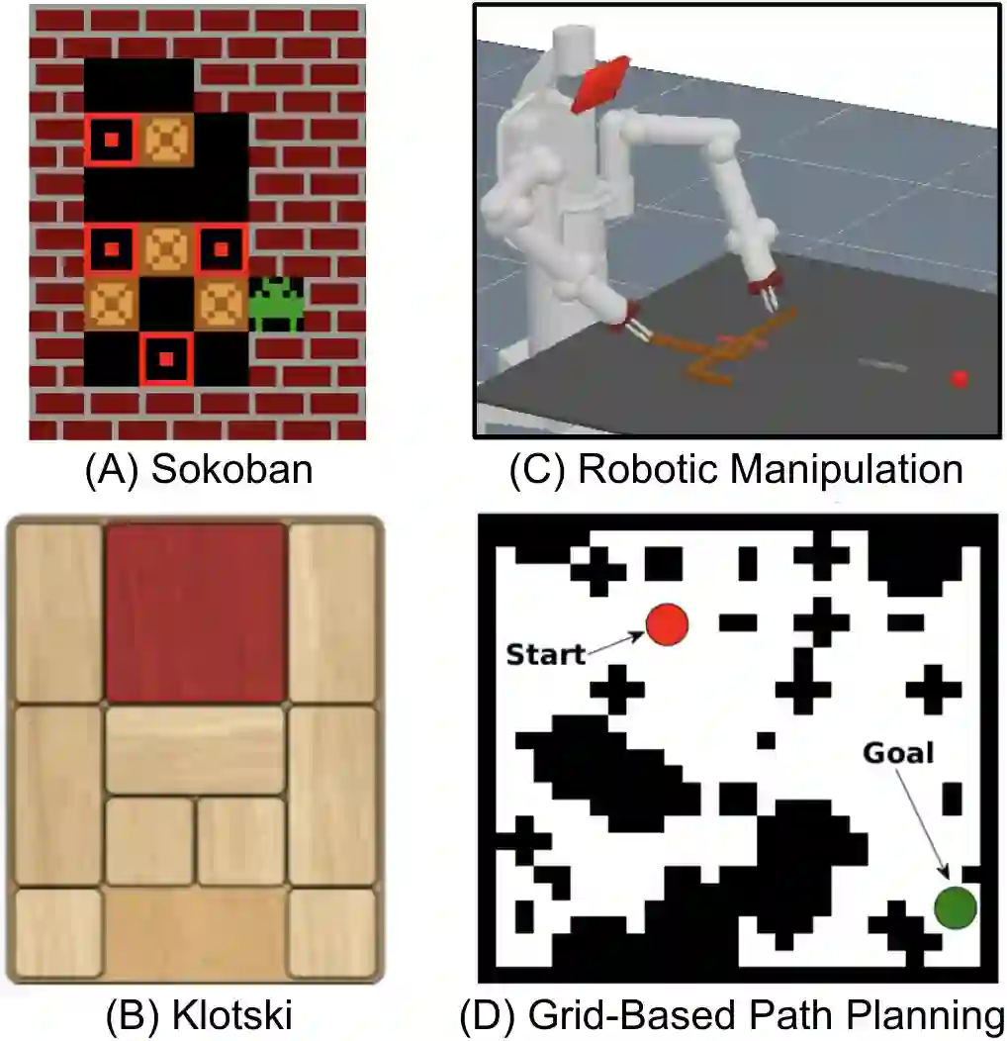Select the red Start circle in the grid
point(667,624)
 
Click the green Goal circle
point(956,906)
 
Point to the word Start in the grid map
point(545,654)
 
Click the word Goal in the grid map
point(898,753)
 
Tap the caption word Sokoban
point(231,468)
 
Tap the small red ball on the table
point(959,379)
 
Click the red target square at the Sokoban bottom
point(166,357)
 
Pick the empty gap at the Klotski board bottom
point(196,935)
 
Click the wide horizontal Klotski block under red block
point(196,750)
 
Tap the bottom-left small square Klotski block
point(59,934)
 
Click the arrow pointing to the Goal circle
point(923,821)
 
